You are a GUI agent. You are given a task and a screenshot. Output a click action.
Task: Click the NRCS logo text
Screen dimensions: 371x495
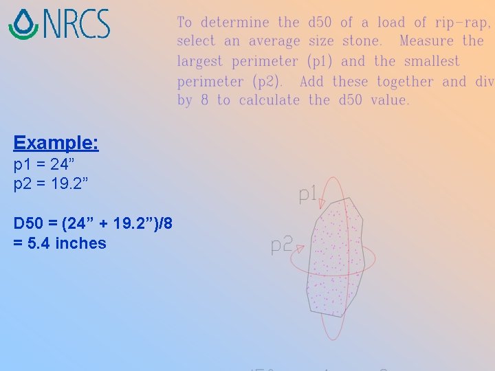(x=76, y=23)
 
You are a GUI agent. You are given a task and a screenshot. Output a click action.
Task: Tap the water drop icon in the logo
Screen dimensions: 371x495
(x=23, y=24)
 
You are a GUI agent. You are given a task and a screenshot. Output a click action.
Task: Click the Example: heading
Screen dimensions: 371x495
(x=56, y=143)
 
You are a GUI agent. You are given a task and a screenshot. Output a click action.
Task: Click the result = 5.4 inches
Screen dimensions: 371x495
(x=60, y=243)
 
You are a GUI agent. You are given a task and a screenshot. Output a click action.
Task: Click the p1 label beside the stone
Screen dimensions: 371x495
(x=307, y=195)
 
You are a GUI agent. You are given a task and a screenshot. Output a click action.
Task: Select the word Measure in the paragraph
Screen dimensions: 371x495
(x=426, y=41)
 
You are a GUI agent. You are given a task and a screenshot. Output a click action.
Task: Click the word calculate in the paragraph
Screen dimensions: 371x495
(x=269, y=101)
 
